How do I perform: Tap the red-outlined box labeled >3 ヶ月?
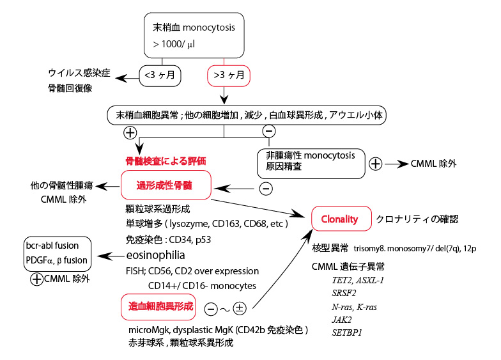(x=228, y=76)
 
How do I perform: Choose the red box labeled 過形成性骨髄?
(x=166, y=185)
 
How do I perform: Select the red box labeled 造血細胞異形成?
(x=158, y=307)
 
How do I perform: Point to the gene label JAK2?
(x=340, y=319)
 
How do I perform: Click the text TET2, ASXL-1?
(x=361, y=280)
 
